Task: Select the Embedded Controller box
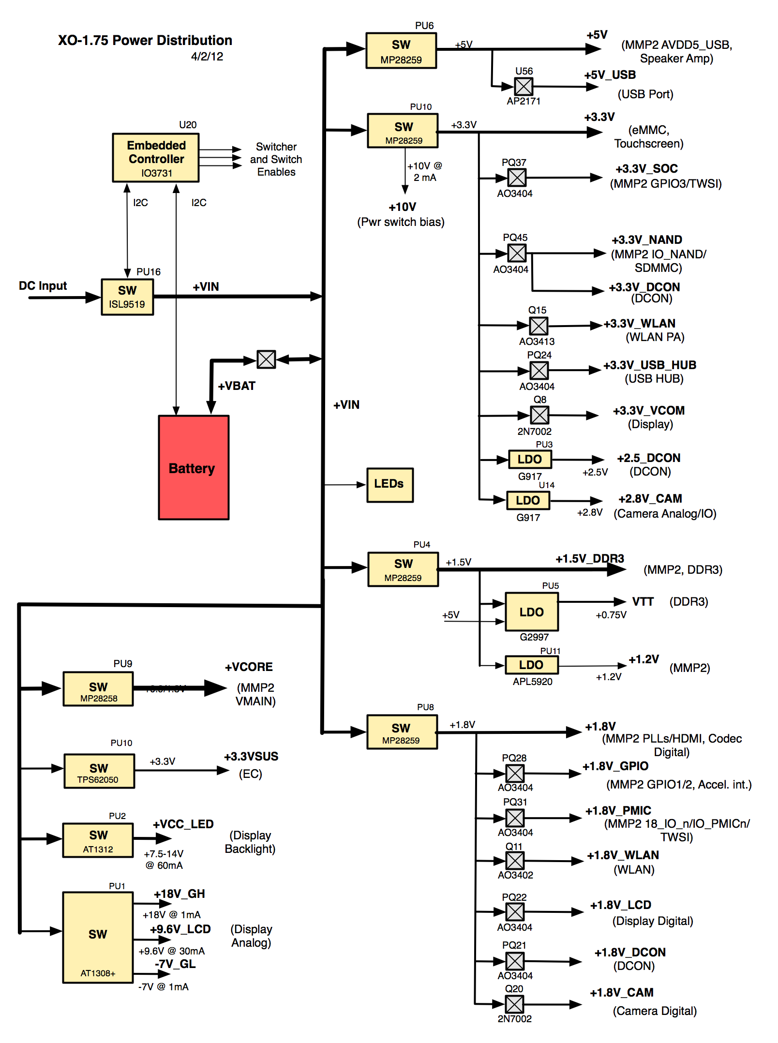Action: [156, 158]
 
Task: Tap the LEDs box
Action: [389, 485]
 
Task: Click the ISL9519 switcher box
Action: [127, 297]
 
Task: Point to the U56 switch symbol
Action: [524, 87]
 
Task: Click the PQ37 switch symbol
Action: [517, 178]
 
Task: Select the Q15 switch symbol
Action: [539, 326]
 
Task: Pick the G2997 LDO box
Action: [531, 611]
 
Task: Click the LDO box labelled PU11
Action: [531, 665]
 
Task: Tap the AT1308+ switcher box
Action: [98, 937]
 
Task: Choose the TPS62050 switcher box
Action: [99, 771]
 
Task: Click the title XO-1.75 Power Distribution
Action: [145, 40]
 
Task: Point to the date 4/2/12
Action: [207, 57]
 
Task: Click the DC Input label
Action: [43, 286]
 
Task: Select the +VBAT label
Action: [237, 386]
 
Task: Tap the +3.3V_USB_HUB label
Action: [649, 365]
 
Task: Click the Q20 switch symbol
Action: [514, 1004]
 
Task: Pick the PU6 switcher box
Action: [401, 51]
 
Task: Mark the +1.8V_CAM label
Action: [622, 993]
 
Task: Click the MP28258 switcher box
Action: [98, 689]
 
